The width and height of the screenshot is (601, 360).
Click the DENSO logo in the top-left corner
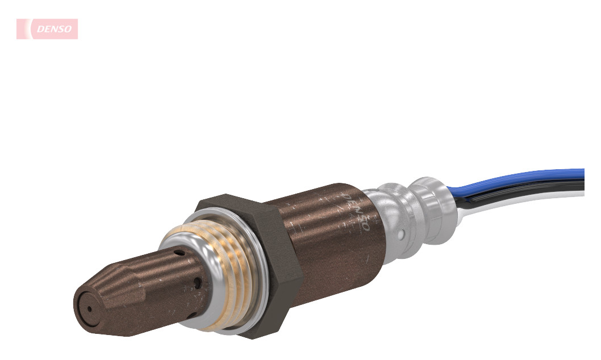[47, 29]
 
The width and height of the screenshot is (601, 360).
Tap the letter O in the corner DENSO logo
[68, 29]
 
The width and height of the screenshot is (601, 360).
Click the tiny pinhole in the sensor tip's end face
[89, 309]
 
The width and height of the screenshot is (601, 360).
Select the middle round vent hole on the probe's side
[197, 283]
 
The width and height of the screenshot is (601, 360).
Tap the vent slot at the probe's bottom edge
[194, 315]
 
